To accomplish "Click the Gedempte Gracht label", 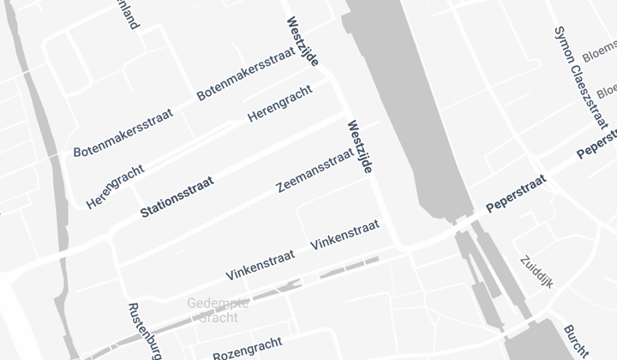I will (x=219, y=310).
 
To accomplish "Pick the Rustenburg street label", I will (x=144, y=331).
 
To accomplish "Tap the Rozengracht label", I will (x=247, y=347).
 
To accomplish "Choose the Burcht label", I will (x=576, y=341).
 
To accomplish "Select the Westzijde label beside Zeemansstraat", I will (x=359, y=147).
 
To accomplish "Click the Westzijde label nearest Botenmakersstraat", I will (x=303, y=42).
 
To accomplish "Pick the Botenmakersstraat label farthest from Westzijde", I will (x=123, y=132).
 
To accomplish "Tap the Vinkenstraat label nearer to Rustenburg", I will (x=260, y=265).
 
